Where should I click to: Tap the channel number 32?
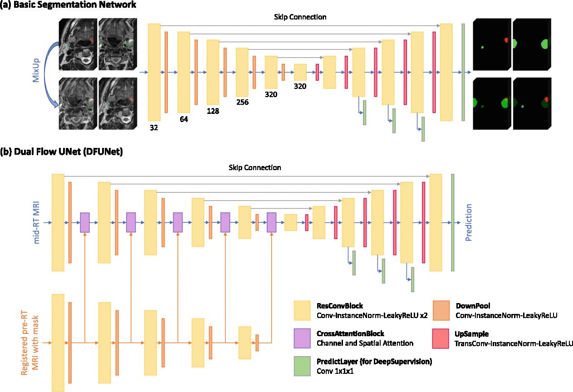[154, 128]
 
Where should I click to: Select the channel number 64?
[183, 119]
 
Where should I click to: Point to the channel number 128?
[213, 111]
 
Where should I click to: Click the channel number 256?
[242, 102]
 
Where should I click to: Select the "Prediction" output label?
[469, 222]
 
